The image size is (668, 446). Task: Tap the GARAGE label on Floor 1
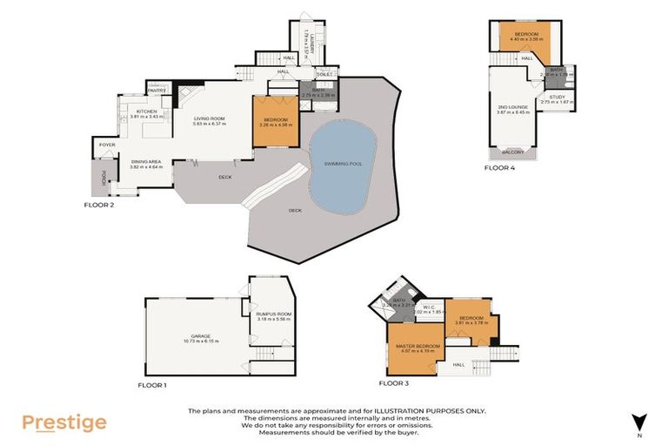pos(202,336)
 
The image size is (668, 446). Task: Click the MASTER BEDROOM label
pos(417,346)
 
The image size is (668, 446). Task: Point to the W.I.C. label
pos(429,306)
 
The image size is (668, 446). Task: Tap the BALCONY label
pos(512,152)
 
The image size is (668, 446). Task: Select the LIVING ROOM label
pos(210,118)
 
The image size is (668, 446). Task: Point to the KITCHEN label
pos(145,111)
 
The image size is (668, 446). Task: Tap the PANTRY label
pos(157,90)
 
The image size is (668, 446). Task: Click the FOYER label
pos(107,145)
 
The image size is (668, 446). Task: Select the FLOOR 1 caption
pos(152,384)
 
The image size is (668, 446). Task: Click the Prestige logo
pos(64,422)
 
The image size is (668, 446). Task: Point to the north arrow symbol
pos(639,422)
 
